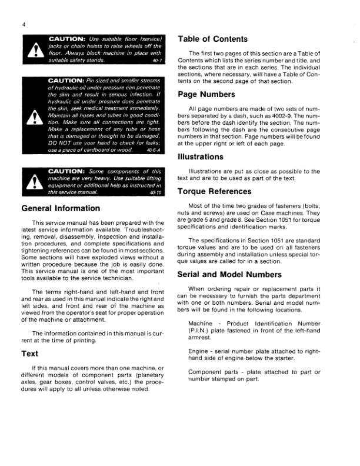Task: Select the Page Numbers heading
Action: click(x=205, y=94)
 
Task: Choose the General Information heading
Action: click(x=61, y=208)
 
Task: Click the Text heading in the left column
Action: click(x=30, y=353)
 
